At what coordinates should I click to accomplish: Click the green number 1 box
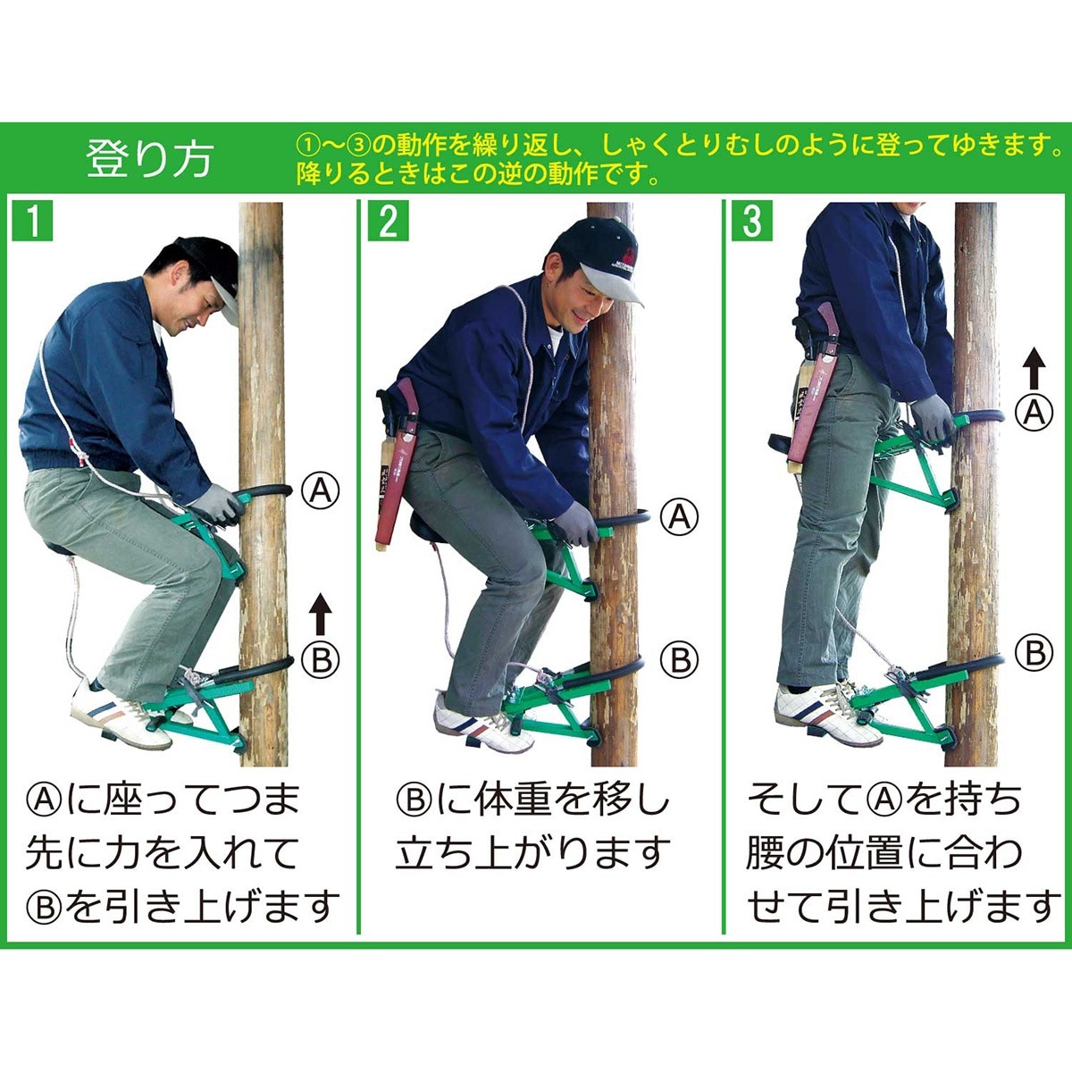tap(32, 222)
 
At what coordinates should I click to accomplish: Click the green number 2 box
tap(388, 222)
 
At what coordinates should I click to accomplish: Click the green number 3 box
tap(751, 222)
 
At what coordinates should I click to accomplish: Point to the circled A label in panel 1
tap(320, 490)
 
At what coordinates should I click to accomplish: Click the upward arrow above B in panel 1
tap(320, 614)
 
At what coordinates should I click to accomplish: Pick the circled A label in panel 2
tap(679, 517)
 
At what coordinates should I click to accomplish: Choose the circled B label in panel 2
tap(679, 660)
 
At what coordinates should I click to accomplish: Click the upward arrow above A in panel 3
tap(1034, 368)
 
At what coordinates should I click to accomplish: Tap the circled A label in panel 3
tap(1034, 412)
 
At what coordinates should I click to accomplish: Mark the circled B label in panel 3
tap(1034, 652)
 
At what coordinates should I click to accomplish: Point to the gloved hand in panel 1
tap(219, 505)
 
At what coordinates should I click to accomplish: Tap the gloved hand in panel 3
tap(931, 420)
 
